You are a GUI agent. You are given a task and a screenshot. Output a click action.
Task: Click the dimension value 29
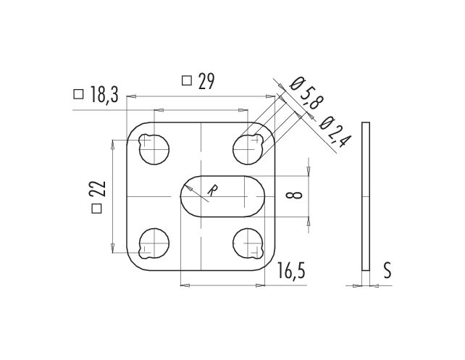pyautogui.click(x=206, y=81)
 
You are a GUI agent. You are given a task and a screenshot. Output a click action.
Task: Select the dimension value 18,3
pyautogui.click(x=104, y=95)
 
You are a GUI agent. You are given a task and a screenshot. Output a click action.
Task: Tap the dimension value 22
pyautogui.click(x=98, y=188)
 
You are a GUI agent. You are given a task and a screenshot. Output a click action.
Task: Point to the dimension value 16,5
pyautogui.click(x=291, y=270)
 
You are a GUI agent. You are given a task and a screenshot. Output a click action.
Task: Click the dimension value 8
pyautogui.click(x=294, y=195)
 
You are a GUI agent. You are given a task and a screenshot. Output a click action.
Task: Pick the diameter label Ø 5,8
pyautogui.click(x=306, y=93)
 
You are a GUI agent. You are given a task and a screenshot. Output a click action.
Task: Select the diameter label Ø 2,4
pyautogui.click(x=335, y=131)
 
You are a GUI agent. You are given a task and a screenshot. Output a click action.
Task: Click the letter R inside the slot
pyautogui.click(x=211, y=191)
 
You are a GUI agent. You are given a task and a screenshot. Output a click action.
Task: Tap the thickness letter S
pyautogui.click(x=387, y=270)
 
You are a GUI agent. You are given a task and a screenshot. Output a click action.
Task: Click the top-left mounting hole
pyautogui.click(x=154, y=149)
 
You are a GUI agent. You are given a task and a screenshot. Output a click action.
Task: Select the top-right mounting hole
pyautogui.click(x=248, y=149)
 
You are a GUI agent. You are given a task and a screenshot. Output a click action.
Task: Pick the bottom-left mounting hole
pyautogui.click(x=154, y=243)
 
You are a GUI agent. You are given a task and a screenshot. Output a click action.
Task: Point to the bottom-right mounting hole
pyautogui.click(x=248, y=243)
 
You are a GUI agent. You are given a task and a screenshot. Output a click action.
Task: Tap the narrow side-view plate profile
pyautogui.click(x=366, y=196)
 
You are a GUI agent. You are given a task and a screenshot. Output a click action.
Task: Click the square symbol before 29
pyautogui.click(x=187, y=80)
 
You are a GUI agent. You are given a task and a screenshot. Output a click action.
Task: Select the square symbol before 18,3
pyautogui.click(x=78, y=94)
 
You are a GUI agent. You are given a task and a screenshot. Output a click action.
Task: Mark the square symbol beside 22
pyautogui.click(x=96, y=209)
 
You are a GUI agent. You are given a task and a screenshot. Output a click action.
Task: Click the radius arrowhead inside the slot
pyautogui.click(x=188, y=188)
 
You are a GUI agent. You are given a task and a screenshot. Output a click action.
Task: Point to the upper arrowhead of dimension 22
pyautogui.click(x=112, y=145)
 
